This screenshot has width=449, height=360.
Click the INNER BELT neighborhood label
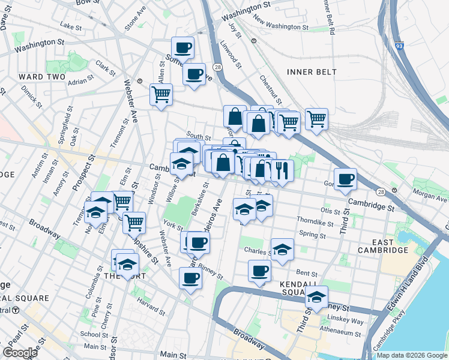(x=312, y=72)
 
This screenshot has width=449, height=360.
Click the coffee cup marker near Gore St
(x=345, y=179)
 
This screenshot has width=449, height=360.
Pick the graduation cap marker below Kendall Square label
(x=316, y=296)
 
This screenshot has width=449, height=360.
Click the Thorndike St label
(x=319, y=222)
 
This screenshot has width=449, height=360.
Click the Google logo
(x=20, y=353)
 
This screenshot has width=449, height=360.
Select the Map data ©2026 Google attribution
(x=411, y=355)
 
